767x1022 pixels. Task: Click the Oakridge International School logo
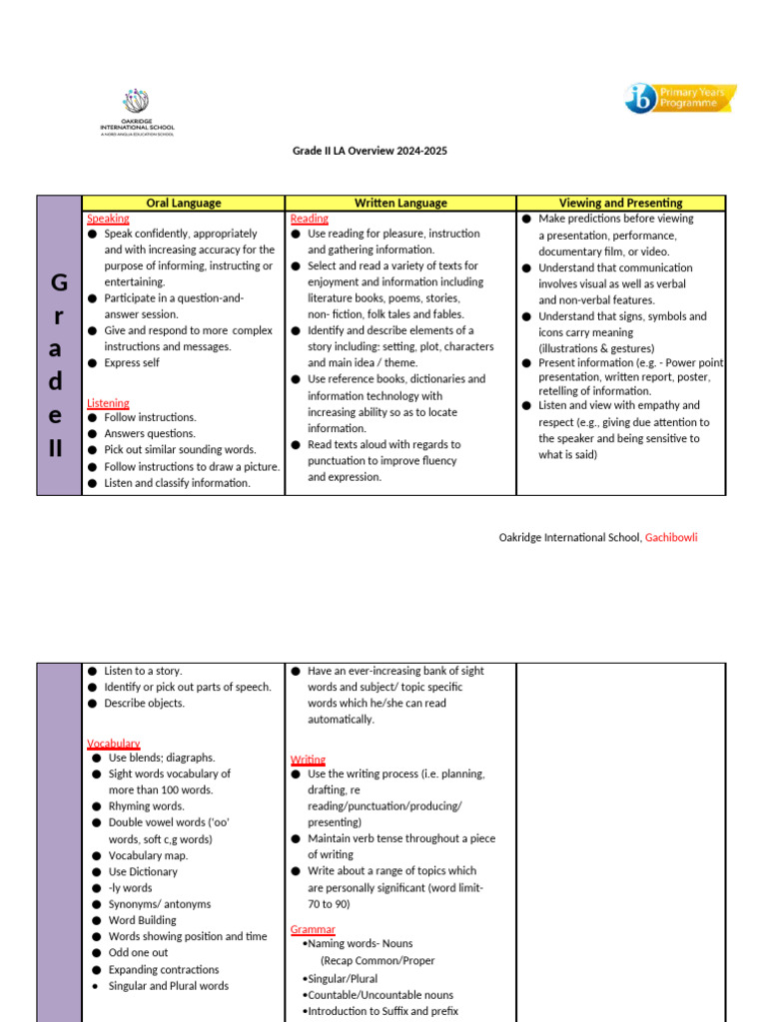pyautogui.click(x=136, y=112)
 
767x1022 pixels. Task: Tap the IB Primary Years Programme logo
pyautogui.click(x=680, y=98)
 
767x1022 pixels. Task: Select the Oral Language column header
pyautogui.click(x=183, y=203)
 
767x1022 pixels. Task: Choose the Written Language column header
pyautogui.click(x=399, y=203)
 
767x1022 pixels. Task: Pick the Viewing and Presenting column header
pyautogui.click(x=620, y=203)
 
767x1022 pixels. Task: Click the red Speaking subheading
pyautogui.click(x=108, y=219)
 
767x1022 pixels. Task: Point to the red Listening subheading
pyautogui.click(x=108, y=403)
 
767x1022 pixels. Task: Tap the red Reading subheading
pyautogui.click(x=309, y=219)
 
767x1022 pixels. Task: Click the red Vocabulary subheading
pyautogui.click(x=113, y=744)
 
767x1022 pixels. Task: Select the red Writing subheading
pyautogui.click(x=308, y=760)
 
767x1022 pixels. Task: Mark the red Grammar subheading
pyautogui.click(x=313, y=929)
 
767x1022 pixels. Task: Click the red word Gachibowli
pyautogui.click(x=671, y=537)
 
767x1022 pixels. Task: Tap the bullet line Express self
pyautogui.click(x=131, y=363)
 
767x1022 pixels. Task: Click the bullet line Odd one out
pyautogui.click(x=138, y=953)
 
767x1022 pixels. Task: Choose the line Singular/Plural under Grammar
pyautogui.click(x=342, y=979)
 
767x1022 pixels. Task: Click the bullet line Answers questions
pyautogui.click(x=150, y=434)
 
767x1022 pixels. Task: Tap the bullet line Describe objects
pyautogui.click(x=144, y=704)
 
